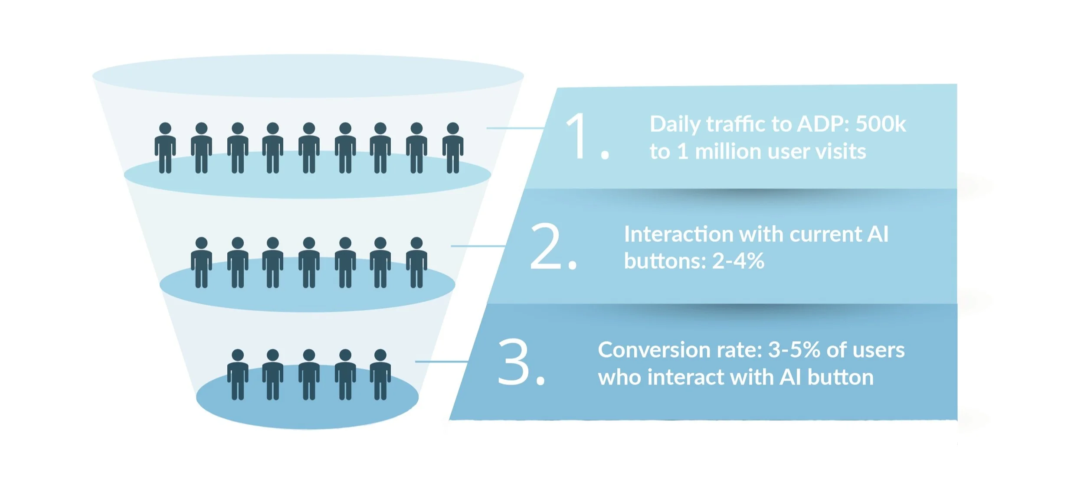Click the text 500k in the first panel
[881, 124]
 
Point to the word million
[728, 152]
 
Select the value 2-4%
[738, 261]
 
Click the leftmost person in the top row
[165, 148]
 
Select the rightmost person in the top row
[453, 148]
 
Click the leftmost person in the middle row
[201, 263]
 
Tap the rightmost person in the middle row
[416, 263]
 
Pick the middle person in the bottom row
[309, 375]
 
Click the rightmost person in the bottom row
[380, 375]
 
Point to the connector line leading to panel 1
[515, 128]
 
